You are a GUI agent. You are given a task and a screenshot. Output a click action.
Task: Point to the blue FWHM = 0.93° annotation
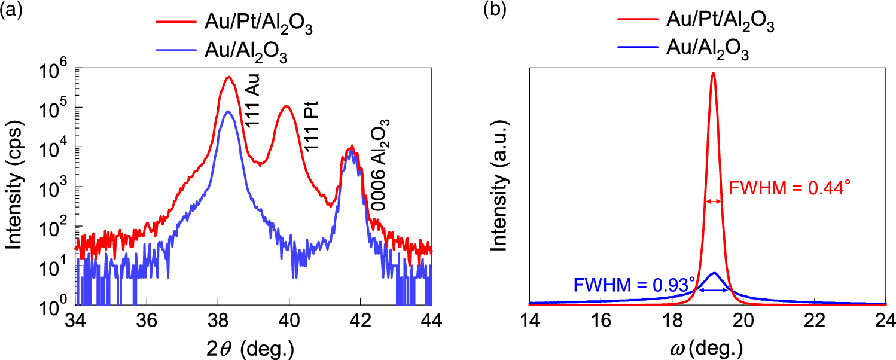(634, 282)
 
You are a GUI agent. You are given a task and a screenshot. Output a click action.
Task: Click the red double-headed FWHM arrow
(713, 202)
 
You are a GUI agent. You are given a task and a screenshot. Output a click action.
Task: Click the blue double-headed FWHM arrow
(714, 290)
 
